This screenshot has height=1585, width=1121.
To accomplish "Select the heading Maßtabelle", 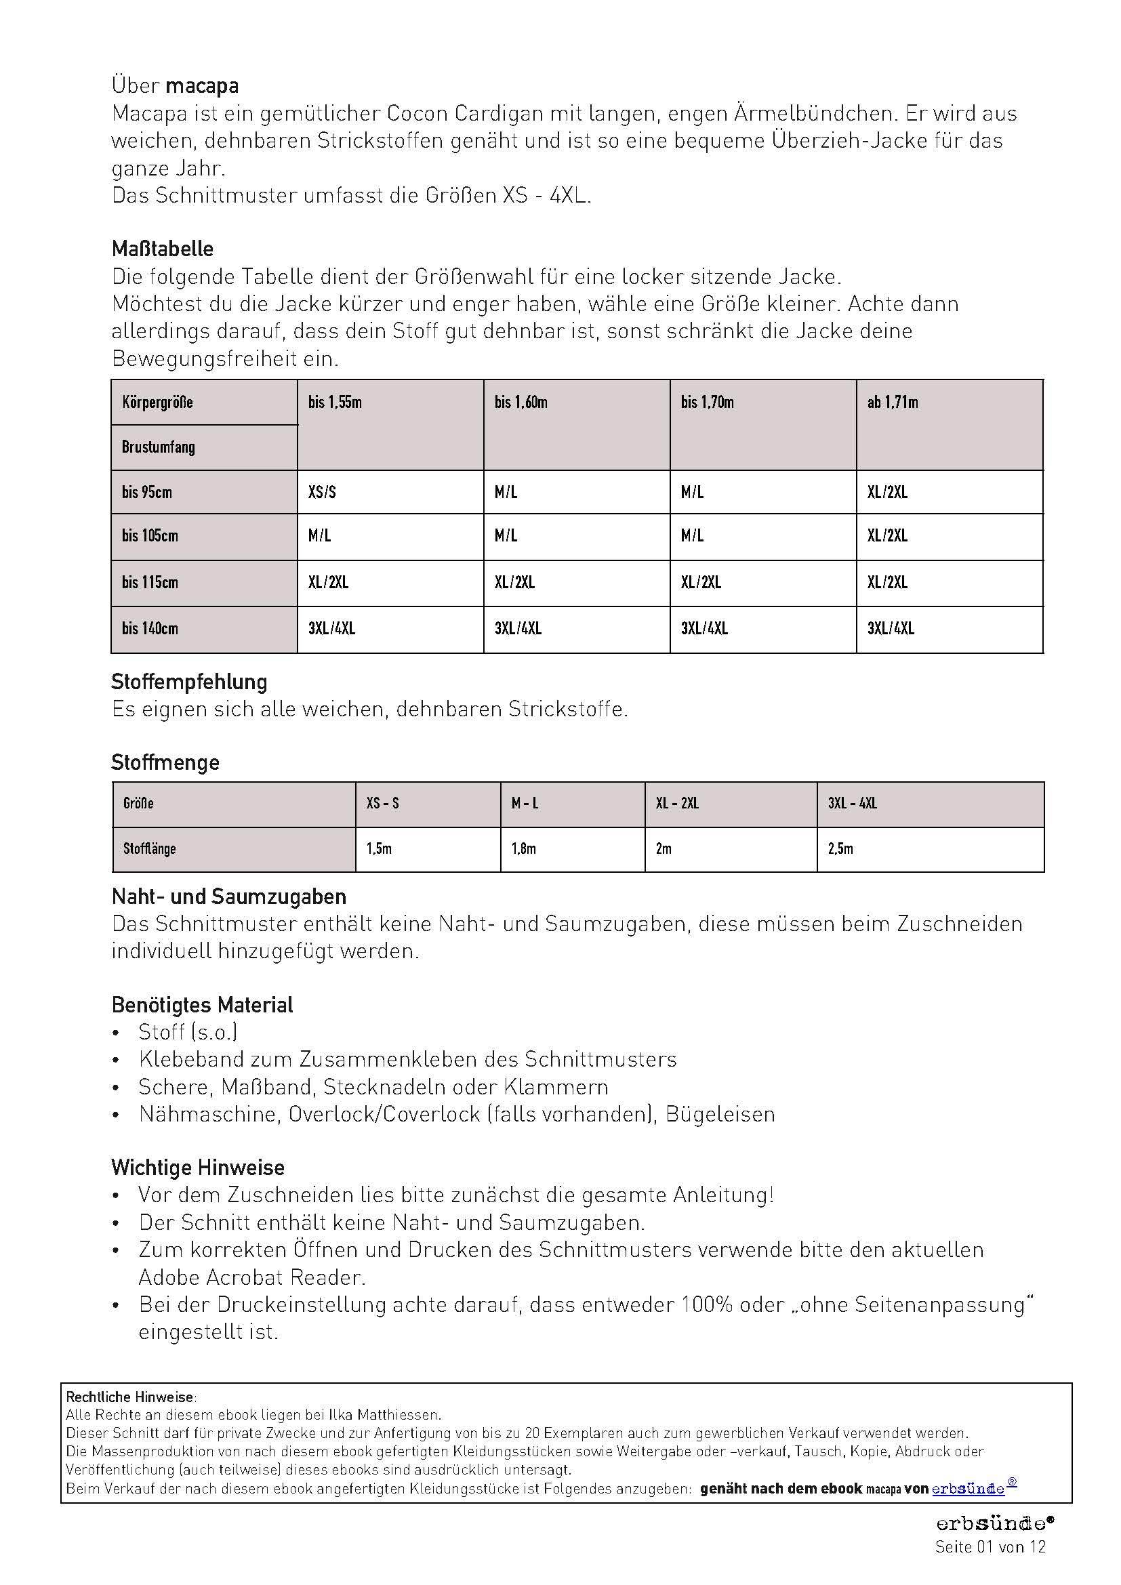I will (x=162, y=249).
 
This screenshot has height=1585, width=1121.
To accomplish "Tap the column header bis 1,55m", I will (x=335, y=403).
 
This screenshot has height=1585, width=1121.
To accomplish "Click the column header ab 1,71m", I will (x=893, y=403).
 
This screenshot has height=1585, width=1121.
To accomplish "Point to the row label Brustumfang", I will (x=158, y=447).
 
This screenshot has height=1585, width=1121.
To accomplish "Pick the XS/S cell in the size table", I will (x=323, y=493).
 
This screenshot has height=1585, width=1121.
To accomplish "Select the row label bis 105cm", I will (x=150, y=537).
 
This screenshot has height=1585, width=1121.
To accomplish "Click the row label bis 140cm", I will (x=150, y=629).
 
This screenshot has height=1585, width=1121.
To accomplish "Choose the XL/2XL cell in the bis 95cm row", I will (x=887, y=493).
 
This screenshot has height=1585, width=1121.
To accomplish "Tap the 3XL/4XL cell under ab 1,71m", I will (x=891, y=629).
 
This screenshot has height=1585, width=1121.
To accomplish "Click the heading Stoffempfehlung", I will (x=189, y=682).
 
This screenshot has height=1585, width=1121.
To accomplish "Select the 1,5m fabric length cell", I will (x=379, y=849).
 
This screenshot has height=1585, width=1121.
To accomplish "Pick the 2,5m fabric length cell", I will (x=840, y=849).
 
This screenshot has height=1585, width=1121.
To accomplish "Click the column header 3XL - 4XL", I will (x=853, y=804).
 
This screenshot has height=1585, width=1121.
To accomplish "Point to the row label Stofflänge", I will (x=150, y=849).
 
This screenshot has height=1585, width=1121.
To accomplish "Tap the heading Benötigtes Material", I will (x=202, y=1005).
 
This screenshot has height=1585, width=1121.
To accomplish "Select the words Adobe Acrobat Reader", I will (x=251, y=1278).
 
